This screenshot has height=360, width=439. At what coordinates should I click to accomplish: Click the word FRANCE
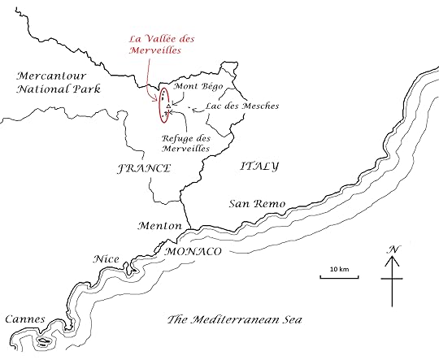click(144, 168)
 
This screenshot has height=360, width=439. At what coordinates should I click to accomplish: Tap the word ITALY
click(259, 166)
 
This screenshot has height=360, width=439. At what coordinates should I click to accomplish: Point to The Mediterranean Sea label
click(234, 319)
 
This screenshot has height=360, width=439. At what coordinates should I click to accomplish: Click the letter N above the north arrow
click(393, 249)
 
